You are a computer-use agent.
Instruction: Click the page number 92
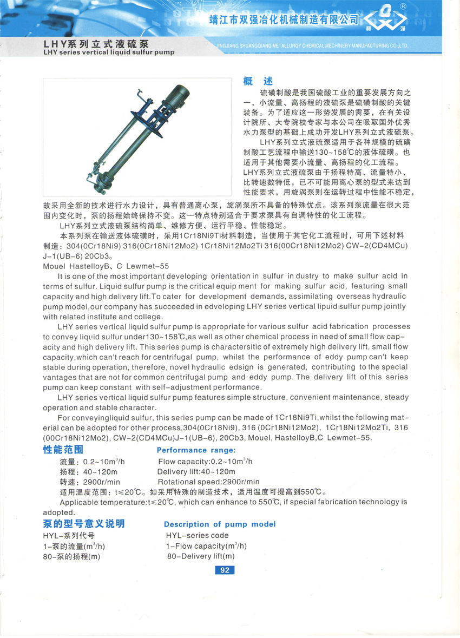(225, 570)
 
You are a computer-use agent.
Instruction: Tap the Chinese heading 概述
(258, 82)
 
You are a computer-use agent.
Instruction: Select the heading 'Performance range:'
(196, 450)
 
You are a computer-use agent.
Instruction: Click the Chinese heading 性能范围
(63, 450)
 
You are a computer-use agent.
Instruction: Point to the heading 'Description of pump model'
(220, 524)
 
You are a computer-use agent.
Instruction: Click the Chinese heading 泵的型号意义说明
(83, 523)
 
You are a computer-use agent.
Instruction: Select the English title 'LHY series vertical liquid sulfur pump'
(108, 53)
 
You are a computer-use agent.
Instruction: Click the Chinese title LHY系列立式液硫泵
(96, 43)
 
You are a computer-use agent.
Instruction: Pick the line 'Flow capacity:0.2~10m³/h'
(205, 462)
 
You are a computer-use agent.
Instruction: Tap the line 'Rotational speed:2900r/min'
(208, 482)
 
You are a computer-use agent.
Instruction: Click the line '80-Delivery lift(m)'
(201, 556)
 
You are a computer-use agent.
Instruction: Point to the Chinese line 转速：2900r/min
(90, 482)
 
